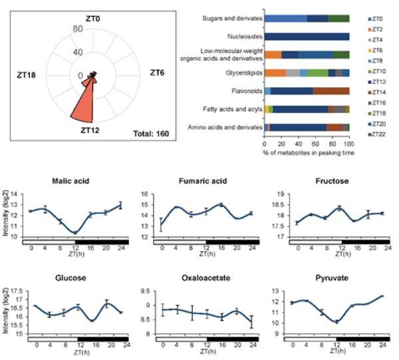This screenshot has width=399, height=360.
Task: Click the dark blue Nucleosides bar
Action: [307, 36]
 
